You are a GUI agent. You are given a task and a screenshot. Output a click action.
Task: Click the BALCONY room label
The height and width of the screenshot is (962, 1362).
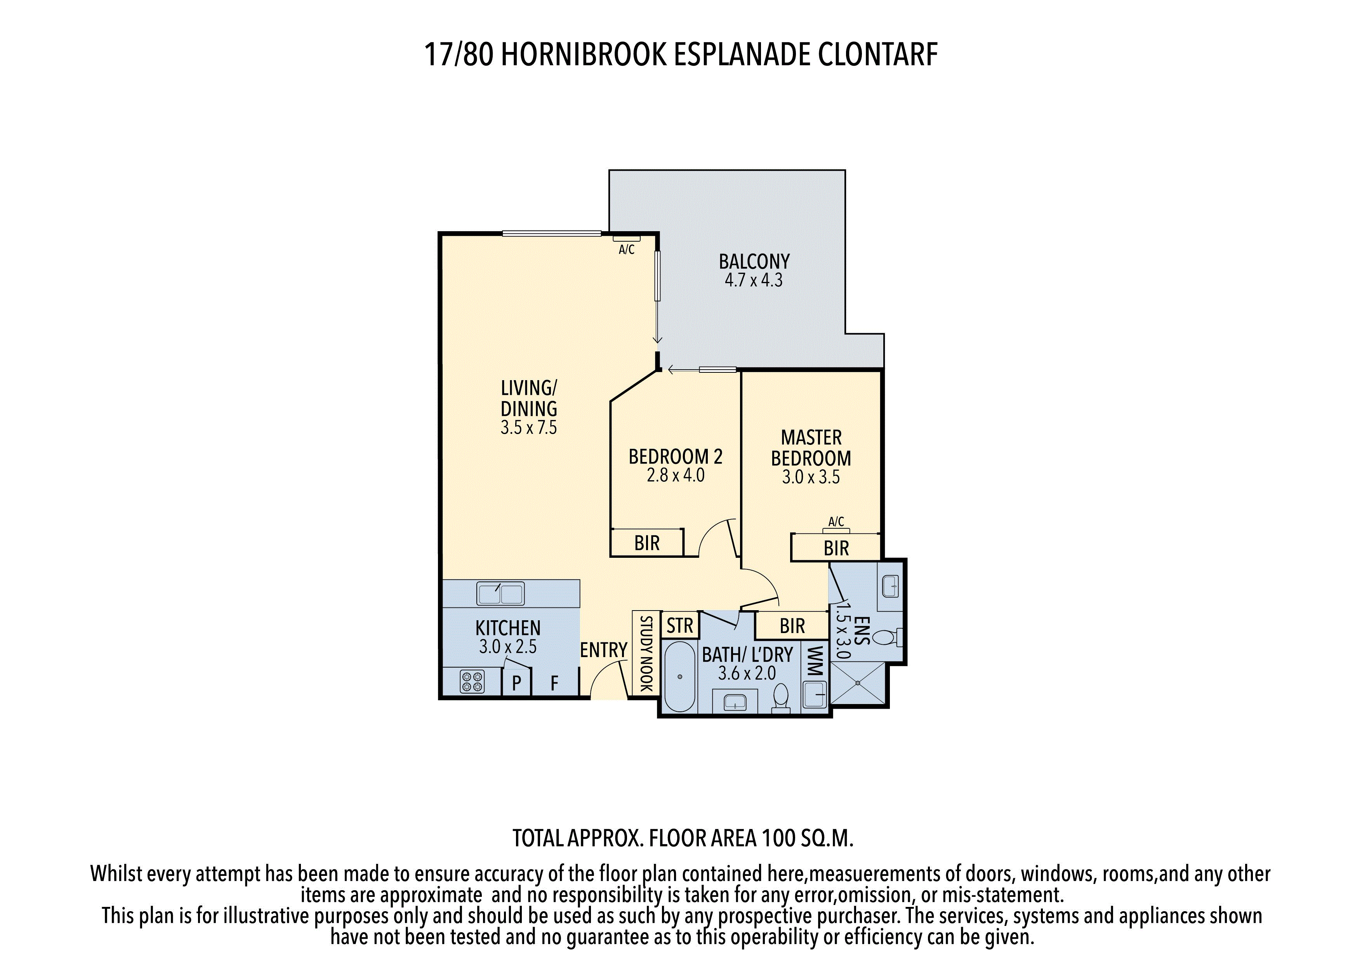[x=754, y=261]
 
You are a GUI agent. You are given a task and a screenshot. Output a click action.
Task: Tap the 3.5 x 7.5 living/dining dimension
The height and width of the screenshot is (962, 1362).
[x=528, y=427]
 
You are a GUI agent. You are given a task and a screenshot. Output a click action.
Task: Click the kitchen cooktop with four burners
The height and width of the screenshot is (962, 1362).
[x=472, y=681]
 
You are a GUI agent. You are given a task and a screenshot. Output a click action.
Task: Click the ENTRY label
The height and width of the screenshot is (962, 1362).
[x=603, y=650]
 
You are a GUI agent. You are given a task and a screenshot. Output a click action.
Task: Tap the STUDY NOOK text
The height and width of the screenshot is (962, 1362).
[x=646, y=653]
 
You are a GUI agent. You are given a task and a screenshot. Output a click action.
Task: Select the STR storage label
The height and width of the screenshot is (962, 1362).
[x=680, y=625]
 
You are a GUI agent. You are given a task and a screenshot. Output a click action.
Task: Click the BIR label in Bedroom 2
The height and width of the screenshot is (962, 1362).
[x=646, y=543]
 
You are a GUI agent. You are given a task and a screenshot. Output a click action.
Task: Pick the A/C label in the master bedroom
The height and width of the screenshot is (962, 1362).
[x=836, y=522]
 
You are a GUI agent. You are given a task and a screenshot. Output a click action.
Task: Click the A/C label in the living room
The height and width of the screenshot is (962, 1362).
[x=626, y=249]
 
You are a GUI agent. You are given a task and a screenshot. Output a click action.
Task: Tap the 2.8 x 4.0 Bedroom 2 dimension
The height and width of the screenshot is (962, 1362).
[x=676, y=475]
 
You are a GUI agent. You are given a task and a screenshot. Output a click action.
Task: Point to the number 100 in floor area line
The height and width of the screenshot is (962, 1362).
[x=778, y=838]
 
